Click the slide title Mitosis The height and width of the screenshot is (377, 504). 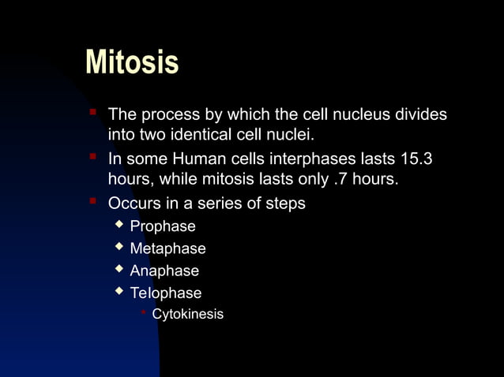point(132,62)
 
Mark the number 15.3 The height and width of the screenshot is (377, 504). point(417,159)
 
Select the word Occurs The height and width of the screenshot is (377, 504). point(133,203)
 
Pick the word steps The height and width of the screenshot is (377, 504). point(285,203)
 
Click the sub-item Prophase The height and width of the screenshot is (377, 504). point(163,227)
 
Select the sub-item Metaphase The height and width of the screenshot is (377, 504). point(167,249)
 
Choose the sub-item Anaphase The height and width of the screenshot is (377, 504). point(164,271)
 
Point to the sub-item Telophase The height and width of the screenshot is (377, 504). point(166,293)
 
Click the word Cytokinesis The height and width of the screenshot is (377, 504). point(187,315)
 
